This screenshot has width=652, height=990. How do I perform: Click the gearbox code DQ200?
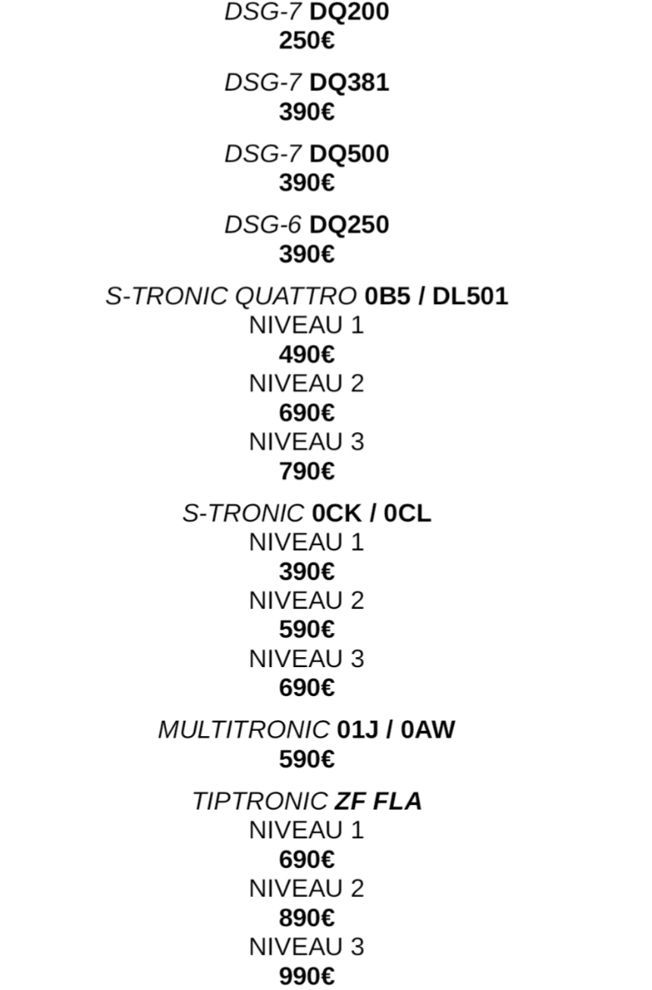click(x=349, y=12)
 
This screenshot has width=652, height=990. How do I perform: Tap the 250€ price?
click(x=306, y=41)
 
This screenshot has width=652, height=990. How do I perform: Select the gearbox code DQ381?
click(x=349, y=83)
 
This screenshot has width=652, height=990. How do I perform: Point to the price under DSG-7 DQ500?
click(x=306, y=183)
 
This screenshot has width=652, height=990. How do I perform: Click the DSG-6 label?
click(x=262, y=225)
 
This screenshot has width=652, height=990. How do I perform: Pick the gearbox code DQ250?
click(x=349, y=225)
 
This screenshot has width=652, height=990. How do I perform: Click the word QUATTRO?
click(x=296, y=296)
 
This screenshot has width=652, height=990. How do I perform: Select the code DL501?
click(x=470, y=296)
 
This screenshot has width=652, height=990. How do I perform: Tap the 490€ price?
click(x=306, y=355)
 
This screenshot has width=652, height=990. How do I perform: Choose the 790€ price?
click(x=306, y=472)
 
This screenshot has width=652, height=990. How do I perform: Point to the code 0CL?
click(x=407, y=514)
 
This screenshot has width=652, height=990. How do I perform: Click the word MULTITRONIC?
click(x=243, y=730)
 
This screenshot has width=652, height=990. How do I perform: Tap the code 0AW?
click(x=428, y=730)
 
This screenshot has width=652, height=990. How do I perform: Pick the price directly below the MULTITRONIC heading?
click(x=306, y=759)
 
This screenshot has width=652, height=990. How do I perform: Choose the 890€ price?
click(x=306, y=918)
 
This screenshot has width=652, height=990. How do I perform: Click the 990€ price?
click(x=306, y=976)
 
